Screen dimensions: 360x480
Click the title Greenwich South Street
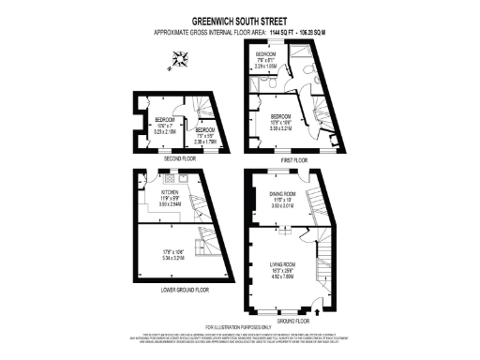coord(239,17)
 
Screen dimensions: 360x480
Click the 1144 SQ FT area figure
coord(280,33)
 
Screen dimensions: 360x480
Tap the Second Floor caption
coord(178,159)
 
